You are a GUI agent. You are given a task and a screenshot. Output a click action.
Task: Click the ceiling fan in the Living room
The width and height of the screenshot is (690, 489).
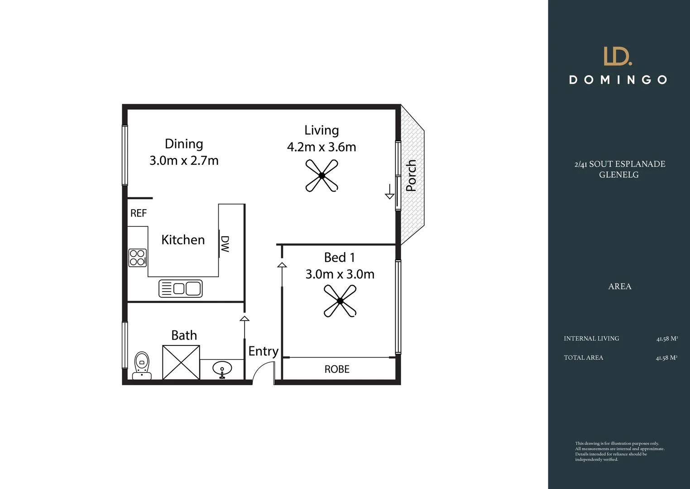[x=321, y=176]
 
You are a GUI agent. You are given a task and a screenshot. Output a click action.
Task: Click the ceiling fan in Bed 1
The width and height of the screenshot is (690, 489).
[x=340, y=301]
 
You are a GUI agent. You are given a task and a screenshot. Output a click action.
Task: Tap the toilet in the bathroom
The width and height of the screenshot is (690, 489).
[x=142, y=365]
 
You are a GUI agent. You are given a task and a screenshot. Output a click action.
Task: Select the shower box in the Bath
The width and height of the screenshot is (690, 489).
[x=181, y=362]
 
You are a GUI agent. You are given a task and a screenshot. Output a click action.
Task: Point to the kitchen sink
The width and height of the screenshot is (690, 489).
[x=180, y=288]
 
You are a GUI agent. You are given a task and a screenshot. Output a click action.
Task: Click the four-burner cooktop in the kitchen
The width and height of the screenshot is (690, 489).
[x=138, y=258]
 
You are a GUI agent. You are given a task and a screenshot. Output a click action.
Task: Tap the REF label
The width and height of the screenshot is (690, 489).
[x=139, y=213]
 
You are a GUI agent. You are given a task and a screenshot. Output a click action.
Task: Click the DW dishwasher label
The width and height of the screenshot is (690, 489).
[x=225, y=244]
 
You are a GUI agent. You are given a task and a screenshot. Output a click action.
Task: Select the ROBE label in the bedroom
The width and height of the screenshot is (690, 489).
[x=337, y=369]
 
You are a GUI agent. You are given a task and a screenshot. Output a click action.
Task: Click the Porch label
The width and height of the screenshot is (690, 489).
[x=411, y=176]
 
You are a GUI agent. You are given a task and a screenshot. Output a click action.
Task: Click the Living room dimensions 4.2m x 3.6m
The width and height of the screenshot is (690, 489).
[x=321, y=147]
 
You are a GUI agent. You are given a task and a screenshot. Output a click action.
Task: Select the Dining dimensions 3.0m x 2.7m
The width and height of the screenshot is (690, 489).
[x=184, y=161]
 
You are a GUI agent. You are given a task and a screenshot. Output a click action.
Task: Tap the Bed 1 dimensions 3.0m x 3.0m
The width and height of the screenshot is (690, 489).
[x=340, y=274]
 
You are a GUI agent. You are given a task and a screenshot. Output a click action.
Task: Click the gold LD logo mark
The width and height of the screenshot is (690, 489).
[x=618, y=56]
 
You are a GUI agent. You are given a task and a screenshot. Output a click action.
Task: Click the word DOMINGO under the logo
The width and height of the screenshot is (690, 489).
[x=618, y=80]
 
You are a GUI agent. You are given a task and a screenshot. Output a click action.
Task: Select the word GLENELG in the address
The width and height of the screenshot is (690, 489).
[x=618, y=175]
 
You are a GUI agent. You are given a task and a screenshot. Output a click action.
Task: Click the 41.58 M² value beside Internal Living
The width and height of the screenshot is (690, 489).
[x=666, y=339]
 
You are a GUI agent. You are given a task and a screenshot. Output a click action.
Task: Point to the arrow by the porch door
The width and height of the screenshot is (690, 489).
[x=389, y=192]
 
